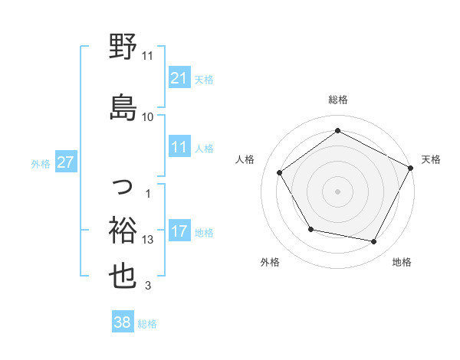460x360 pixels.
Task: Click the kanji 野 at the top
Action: click(x=123, y=47)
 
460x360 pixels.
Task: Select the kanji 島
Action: click(x=123, y=106)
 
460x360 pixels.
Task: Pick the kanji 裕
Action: click(x=123, y=229)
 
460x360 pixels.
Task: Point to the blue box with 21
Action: click(x=179, y=79)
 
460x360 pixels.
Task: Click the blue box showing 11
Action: click(x=179, y=148)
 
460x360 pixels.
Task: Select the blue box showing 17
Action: click(x=179, y=232)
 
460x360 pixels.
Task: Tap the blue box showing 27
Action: click(x=66, y=163)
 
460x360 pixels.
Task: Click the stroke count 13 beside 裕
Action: click(x=149, y=240)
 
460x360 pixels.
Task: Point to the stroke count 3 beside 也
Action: click(x=148, y=286)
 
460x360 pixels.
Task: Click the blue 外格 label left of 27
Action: click(x=41, y=164)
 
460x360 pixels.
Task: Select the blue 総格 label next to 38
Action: click(x=147, y=324)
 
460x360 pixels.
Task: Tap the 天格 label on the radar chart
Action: click(x=431, y=159)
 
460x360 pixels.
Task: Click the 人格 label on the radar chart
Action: click(x=245, y=159)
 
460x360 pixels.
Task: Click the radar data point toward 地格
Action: click(x=374, y=242)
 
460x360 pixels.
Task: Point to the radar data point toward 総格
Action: click(x=337, y=131)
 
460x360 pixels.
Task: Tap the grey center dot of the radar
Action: click(x=337, y=191)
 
